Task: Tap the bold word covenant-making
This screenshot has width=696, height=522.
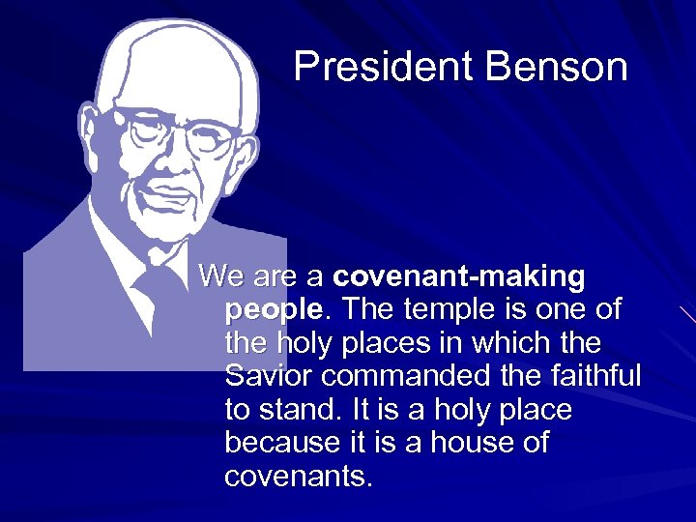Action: [458, 277]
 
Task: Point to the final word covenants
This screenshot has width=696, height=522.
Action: [298, 476]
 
